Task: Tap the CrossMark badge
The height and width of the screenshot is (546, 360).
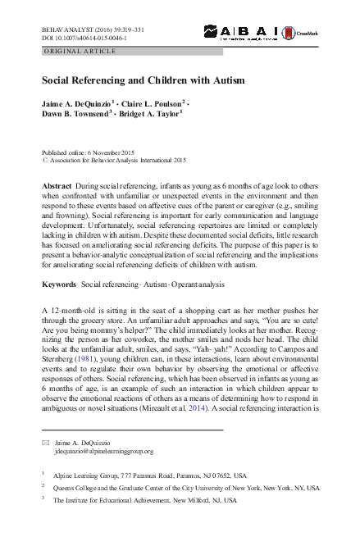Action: (x=298, y=32)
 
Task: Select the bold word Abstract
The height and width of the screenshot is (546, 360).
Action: (x=57, y=186)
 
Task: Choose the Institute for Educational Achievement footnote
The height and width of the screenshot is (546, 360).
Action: (x=144, y=498)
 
